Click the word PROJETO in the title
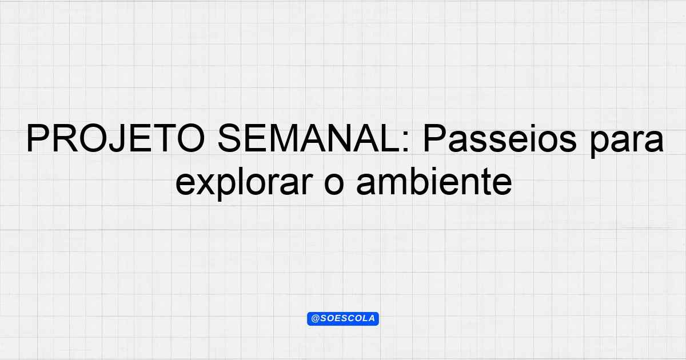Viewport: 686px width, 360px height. click(115, 138)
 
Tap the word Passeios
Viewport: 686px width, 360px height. click(500, 138)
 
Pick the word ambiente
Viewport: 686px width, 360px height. click(434, 181)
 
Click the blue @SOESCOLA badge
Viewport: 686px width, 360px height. click(343, 319)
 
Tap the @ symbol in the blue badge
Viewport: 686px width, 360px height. click(315, 318)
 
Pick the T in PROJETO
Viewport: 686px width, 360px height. click(166, 138)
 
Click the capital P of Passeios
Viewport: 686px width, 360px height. click(434, 138)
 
